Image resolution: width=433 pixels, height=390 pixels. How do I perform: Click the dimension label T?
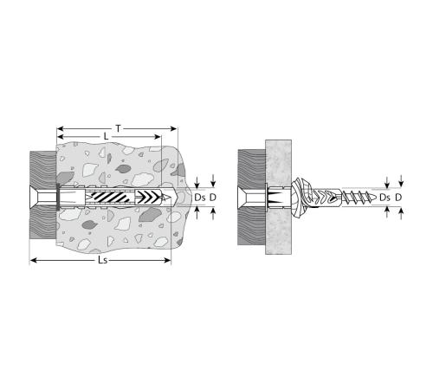click(118, 128)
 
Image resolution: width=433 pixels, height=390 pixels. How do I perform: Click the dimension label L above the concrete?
click(106, 137)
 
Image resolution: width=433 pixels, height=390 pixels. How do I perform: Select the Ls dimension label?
click(102, 260)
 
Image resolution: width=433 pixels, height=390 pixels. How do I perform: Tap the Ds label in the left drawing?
click(200, 198)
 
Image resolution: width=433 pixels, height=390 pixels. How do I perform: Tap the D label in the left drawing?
click(213, 198)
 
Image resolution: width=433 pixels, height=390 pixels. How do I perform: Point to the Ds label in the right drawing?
click(385, 198)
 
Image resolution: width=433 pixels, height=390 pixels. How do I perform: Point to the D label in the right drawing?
click(398, 198)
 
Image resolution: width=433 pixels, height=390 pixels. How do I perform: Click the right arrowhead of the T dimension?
click(173, 128)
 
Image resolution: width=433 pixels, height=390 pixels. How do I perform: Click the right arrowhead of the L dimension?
click(158, 137)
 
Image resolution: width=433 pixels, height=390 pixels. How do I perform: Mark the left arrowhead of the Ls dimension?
click(34, 261)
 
